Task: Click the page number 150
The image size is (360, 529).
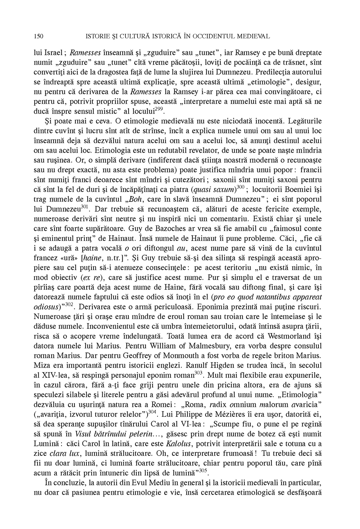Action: pos(39,36)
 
